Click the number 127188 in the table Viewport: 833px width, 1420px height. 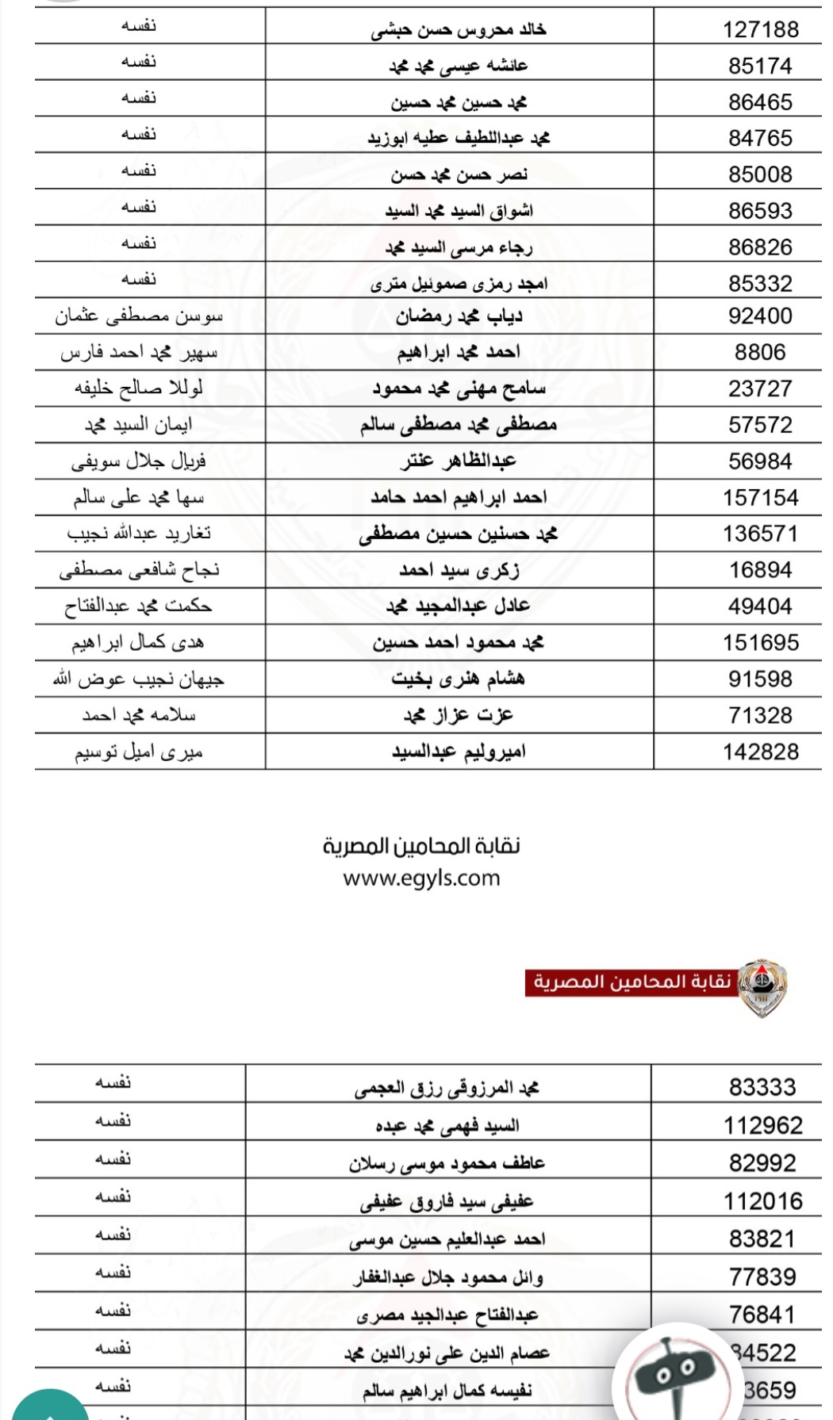pos(760,29)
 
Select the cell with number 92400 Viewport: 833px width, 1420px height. pos(760,316)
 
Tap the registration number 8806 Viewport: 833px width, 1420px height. pos(760,352)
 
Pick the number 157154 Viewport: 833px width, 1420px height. pos(760,498)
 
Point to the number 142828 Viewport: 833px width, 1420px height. pos(760,752)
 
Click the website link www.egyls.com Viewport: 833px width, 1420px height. pos(421,878)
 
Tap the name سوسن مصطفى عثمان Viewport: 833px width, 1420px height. pos(139,316)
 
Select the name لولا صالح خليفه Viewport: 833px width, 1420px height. pos(139,388)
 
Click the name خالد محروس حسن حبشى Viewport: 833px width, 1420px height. pos(459,30)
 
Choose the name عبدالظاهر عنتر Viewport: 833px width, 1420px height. pos(459,461)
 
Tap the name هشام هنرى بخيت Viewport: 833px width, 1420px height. pos(459,679)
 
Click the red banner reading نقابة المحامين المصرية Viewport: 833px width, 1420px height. pos(631,982)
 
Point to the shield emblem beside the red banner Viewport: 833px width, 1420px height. pos(762,986)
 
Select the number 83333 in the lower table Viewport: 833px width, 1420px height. pos(762,1087)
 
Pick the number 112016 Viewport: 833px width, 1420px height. pos(762,1201)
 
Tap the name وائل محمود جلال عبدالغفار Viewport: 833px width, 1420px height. pos(448,1277)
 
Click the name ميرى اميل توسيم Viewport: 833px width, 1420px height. pos(139,752)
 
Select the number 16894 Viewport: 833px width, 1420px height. pos(760,570)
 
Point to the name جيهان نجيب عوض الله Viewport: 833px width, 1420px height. pos(139,679)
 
